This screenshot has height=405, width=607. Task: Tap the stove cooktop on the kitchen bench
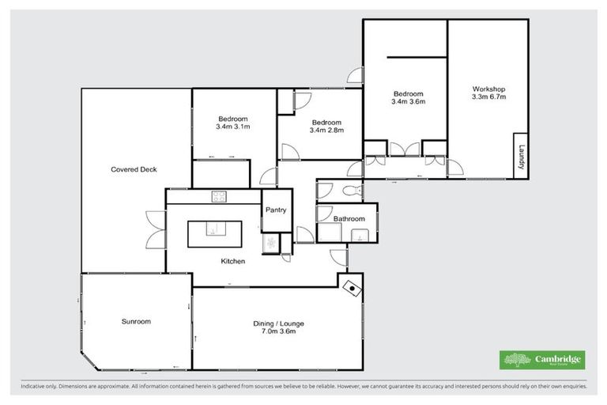pos(219,197)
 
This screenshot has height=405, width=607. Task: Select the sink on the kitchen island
pos(212,229)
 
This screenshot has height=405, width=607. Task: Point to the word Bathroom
pos(349,218)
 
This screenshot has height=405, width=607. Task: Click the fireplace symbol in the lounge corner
pos(352,289)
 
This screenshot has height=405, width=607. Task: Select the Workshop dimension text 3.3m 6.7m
pos(488,97)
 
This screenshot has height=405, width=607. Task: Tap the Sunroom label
pos(136,322)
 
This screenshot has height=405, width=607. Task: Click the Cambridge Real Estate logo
pos(543,360)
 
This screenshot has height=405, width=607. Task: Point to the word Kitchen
pos(232,261)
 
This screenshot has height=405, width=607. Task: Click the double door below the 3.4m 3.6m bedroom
pos(407,149)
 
